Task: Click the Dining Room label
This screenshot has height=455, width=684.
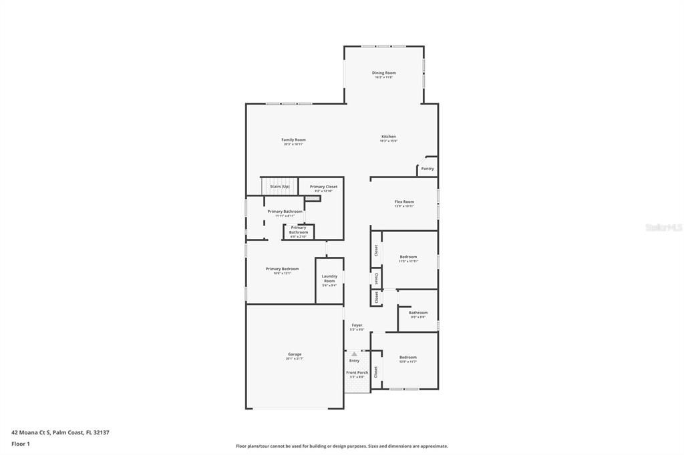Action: click(x=383, y=73)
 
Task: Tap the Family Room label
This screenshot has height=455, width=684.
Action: click(x=293, y=140)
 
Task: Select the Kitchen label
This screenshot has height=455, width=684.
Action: click(x=388, y=137)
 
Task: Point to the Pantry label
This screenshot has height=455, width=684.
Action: click(x=427, y=169)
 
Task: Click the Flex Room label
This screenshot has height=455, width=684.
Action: click(x=404, y=201)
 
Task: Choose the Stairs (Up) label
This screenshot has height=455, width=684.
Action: click(x=280, y=187)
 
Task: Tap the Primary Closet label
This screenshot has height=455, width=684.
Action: click(x=323, y=187)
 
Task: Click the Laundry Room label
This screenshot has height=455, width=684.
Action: click(x=329, y=278)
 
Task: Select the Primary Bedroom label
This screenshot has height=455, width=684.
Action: click(x=282, y=269)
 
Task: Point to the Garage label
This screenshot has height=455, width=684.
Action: click(x=295, y=354)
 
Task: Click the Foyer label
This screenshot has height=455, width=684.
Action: click(x=357, y=326)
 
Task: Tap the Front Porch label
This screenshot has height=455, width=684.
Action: click(x=357, y=372)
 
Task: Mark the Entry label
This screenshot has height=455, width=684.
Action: click(x=354, y=361)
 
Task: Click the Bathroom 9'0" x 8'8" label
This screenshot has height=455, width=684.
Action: click(x=418, y=313)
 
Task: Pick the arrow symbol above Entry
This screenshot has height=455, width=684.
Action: click(x=354, y=354)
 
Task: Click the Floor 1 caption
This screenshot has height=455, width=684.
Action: click(x=21, y=444)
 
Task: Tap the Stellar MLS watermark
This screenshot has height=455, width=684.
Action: click(x=663, y=227)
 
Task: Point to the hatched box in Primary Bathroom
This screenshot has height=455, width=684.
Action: click(x=312, y=199)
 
